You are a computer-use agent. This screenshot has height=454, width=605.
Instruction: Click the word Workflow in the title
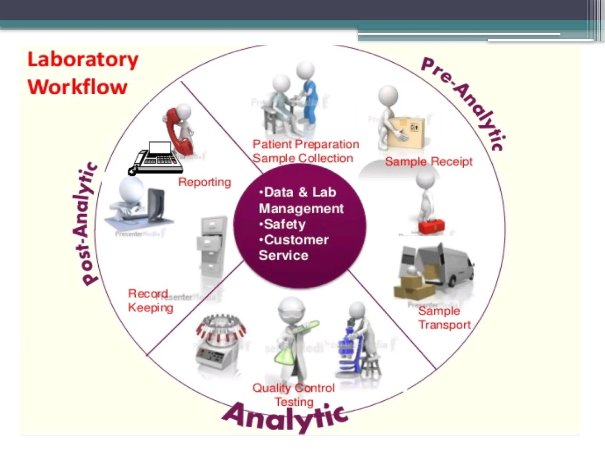pos(77,87)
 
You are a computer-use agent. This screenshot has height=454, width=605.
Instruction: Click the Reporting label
pos(204,182)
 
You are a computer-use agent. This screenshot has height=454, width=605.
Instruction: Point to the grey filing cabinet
pos(212,245)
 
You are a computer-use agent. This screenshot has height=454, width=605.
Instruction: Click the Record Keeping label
pos(150,301)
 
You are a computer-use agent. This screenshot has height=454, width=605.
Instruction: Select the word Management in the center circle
pos(301,208)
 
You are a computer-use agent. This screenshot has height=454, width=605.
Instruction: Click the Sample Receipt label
pos(429,162)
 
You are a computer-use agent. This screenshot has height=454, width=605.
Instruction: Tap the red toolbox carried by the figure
pos(432,226)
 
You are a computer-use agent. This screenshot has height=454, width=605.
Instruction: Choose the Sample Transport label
pos(444,318)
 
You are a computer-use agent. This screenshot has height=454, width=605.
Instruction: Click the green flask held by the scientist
pos(284,354)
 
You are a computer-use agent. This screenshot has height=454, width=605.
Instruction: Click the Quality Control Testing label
pos(294,395)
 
